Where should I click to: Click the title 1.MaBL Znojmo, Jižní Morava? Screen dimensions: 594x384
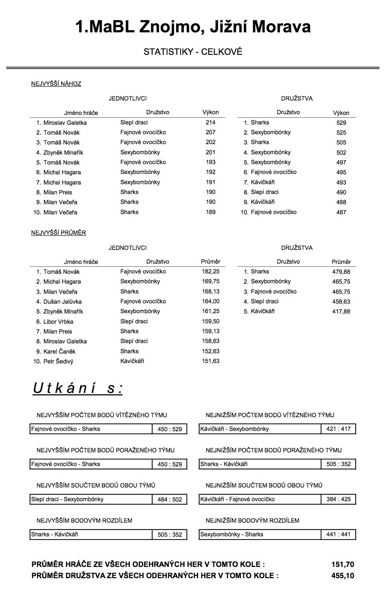point(193,27)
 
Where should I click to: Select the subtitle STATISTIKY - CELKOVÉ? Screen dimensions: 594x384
point(193,52)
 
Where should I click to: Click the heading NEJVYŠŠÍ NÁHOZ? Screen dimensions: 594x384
point(56,84)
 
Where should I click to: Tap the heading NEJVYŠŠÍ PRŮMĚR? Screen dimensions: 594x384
point(58,233)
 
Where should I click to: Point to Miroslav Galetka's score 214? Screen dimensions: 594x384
point(210,122)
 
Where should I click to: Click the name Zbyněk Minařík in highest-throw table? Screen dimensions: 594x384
point(63,153)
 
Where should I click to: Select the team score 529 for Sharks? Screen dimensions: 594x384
point(341,123)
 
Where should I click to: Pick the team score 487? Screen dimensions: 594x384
point(341,212)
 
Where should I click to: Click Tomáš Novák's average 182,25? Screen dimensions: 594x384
point(210,272)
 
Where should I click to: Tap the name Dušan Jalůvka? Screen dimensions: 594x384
point(63,302)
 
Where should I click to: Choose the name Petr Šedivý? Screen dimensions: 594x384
point(58,361)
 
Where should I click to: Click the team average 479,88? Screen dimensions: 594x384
point(341,272)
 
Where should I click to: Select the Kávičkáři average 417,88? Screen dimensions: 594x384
point(341,311)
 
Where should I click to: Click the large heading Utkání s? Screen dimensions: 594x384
point(78,388)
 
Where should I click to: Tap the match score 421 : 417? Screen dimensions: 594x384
point(338,429)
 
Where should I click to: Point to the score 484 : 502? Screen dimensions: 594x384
point(169,499)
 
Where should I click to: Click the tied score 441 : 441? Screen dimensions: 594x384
point(338,535)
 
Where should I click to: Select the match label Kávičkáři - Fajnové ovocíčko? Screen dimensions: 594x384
point(237,499)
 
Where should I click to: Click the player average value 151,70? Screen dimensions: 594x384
point(343,564)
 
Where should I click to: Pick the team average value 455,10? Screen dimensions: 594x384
point(343,576)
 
